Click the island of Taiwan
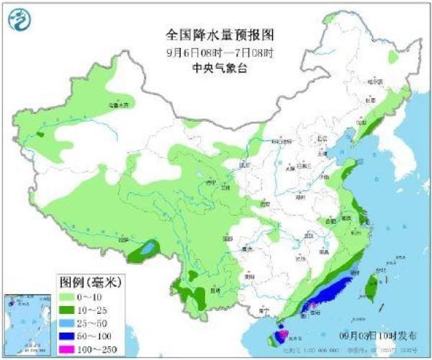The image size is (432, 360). point(371,288)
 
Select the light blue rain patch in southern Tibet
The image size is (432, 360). point(148,249)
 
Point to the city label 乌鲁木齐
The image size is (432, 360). point(119,105)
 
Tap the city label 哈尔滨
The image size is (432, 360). point(374,82)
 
